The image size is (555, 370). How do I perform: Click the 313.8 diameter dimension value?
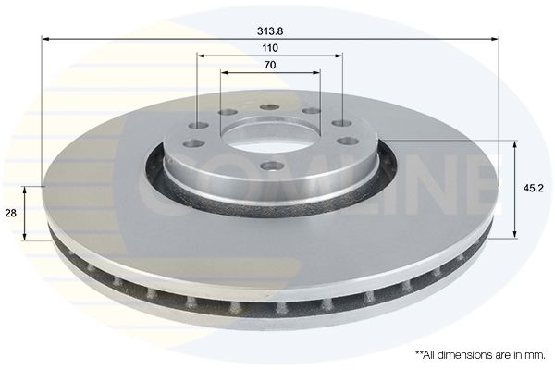pos(270,31)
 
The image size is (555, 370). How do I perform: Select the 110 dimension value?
pos(270,48)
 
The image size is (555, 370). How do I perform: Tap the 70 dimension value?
pos(270,65)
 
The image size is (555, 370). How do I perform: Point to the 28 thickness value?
pos(11,213)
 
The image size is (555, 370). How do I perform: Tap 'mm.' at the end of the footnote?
pos(537,355)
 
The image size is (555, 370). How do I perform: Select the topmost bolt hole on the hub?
pos(269,106)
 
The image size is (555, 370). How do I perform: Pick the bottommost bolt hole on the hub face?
pos(271,165)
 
